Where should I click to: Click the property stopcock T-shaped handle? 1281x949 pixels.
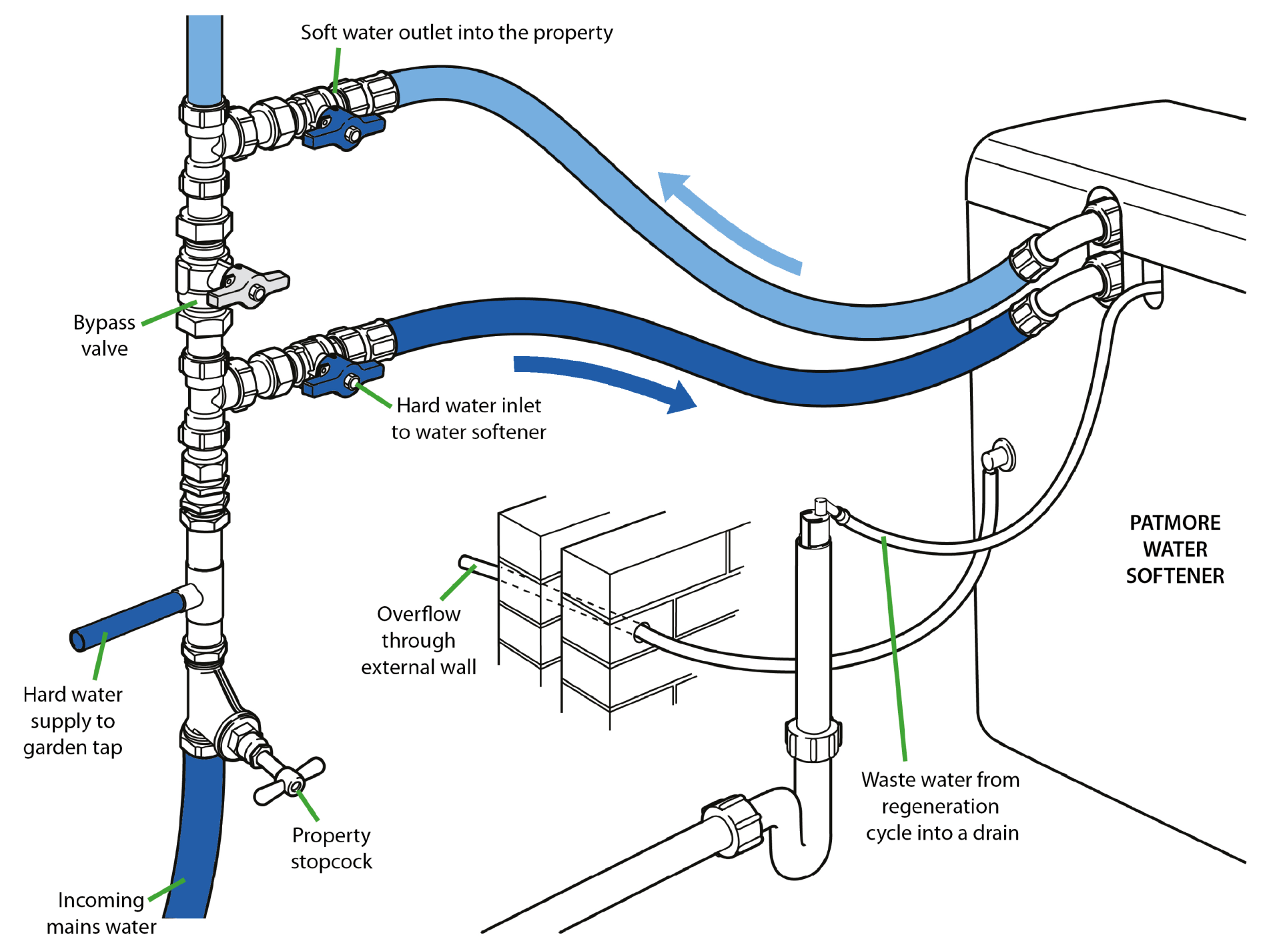pyautogui.click(x=289, y=781)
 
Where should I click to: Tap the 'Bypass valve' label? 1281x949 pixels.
pyautogui.click(x=104, y=335)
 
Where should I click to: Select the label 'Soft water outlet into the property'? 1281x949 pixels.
pyautogui.click(x=456, y=33)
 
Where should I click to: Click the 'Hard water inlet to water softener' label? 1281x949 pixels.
pyautogui.click(x=468, y=419)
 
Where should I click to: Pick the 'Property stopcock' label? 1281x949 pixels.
pyautogui.click(x=331, y=848)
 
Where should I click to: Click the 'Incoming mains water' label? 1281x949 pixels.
pyautogui.click(x=101, y=913)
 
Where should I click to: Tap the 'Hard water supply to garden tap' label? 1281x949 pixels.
pyautogui.click(x=73, y=721)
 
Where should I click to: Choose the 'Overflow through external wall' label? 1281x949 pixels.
pyautogui.click(x=418, y=640)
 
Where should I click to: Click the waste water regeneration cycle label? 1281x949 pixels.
pyautogui.click(x=941, y=806)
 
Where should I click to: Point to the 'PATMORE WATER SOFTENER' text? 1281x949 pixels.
pyautogui.click(x=1175, y=549)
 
